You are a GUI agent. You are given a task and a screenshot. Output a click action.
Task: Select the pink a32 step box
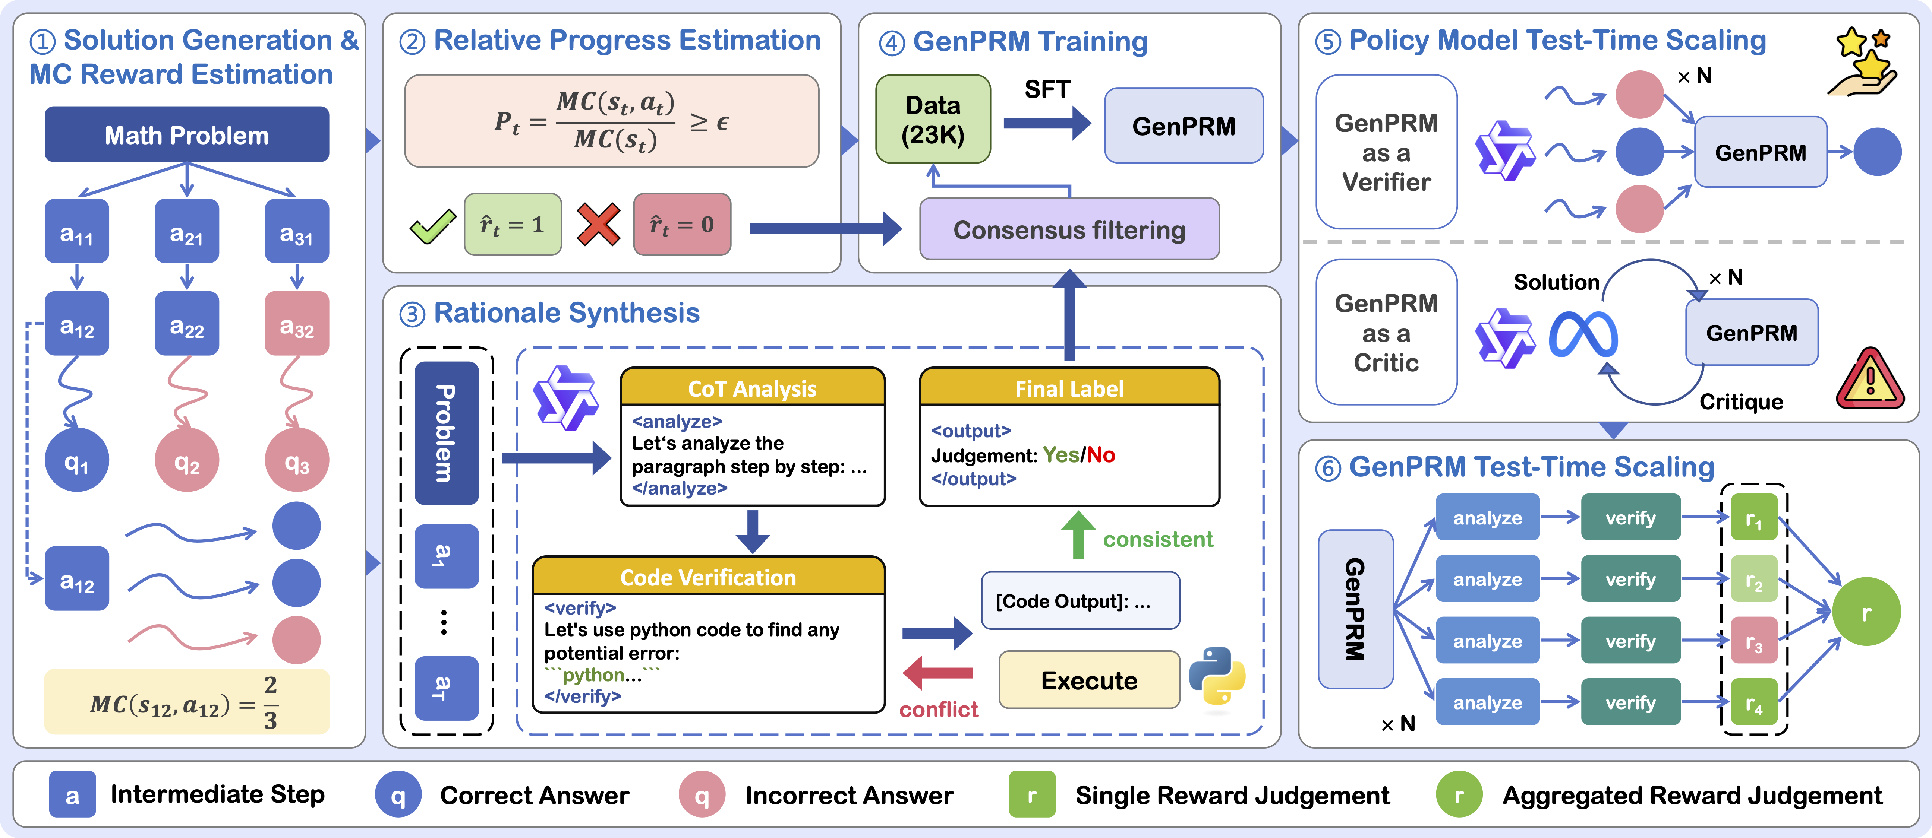[297, 323]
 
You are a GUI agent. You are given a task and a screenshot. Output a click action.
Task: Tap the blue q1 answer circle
[76, 460]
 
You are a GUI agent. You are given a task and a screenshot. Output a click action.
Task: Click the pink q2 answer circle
[187, 460]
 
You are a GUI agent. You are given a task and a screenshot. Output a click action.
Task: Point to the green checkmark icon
[433, 225]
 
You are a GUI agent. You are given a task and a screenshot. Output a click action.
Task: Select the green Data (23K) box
[933, 119]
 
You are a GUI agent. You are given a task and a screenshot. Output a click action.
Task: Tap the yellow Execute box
[1089, 680]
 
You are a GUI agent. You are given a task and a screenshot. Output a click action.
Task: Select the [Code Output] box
[1080, 601]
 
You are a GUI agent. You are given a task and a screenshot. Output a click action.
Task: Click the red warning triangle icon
[1870, 380]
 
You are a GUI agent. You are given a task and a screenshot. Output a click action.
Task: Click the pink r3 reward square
[1753, 641]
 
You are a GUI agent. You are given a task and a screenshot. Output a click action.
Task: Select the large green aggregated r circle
[1866, 612]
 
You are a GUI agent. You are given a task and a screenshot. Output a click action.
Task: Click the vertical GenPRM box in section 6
[1355, 609]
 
